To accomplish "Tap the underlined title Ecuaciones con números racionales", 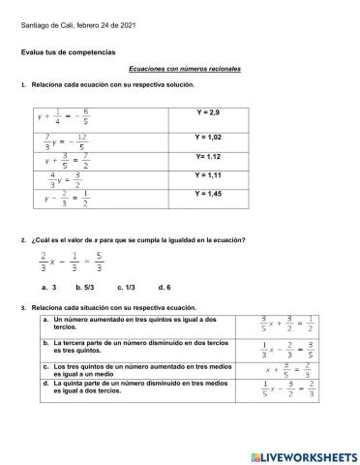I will pos(184,70).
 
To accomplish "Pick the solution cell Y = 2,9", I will pos(208,113).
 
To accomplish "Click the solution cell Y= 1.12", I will pos(208,156).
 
